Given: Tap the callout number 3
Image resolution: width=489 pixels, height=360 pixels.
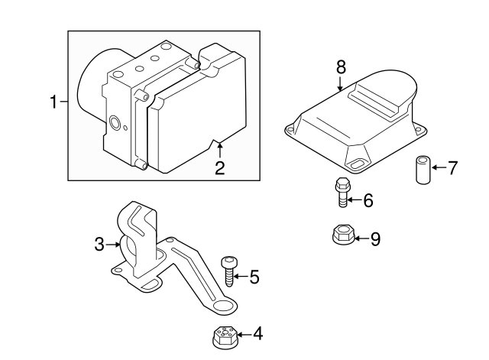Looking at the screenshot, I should (99, 245).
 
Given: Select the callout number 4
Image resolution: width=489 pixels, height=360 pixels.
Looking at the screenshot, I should (257, 333).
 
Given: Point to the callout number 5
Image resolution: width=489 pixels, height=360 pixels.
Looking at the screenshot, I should (254, 277).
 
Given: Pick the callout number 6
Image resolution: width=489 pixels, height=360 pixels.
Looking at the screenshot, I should (368, 201).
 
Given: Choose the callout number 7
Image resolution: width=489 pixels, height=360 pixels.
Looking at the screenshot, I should (452, 168).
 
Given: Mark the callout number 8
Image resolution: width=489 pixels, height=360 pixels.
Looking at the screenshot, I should (342, 67).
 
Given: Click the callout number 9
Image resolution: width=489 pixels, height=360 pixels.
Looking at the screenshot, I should (374, 238).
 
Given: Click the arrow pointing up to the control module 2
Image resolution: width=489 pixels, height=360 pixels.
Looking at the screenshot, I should (219, 149).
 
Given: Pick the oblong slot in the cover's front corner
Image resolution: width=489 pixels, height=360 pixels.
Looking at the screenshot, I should (356, 163).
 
